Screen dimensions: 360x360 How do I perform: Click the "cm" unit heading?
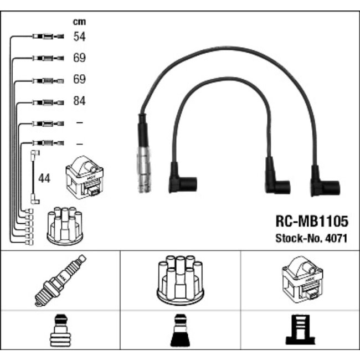click(80, 22)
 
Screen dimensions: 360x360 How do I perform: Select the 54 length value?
click(80, 37)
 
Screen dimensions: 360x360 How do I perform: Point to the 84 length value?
click(80, 102)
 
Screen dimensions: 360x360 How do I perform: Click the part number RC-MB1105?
click(312, 222)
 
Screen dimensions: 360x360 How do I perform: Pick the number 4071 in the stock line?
click(337, 239)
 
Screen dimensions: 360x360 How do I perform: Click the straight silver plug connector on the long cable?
click(143, 166)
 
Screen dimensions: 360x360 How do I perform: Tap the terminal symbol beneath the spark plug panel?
click(60, 333)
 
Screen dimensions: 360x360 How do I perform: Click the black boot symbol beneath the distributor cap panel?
click(180, 333)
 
